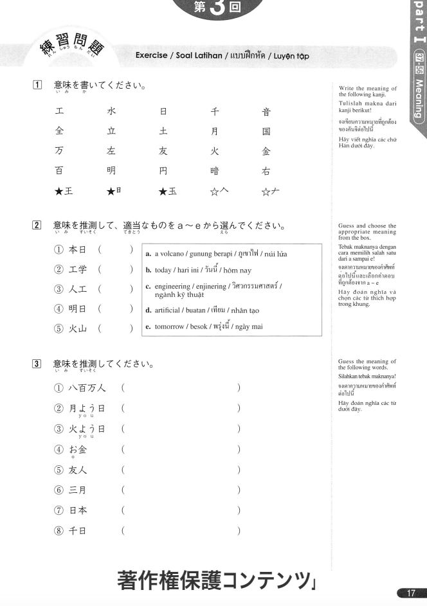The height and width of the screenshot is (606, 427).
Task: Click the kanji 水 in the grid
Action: (x=111, y=112)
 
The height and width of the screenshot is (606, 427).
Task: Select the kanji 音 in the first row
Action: (x=266, y=112)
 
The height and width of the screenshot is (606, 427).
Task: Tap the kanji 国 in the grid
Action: (x=266, y=132)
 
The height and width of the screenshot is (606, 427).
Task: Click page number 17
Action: (x=407, y=593)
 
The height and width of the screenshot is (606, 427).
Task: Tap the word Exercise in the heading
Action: (x=152, y=56)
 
